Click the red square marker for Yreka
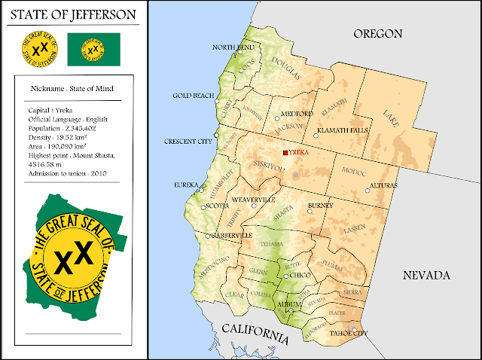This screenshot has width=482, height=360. pyautogui.click(x=285, y=153)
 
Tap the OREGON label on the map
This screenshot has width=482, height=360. pyautogui.click(x=377, y=34)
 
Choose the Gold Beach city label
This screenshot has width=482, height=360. pyautogui.click(x=192, y=96)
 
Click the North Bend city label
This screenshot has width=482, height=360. pyautogui.click(x=233, y=47)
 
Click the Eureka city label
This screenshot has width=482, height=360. pyautogui.click(x=185, y=185)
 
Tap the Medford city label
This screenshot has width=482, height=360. pyautogui.click(x=296, y=114)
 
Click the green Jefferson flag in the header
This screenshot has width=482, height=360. pyautogui.click(x=92, y=50)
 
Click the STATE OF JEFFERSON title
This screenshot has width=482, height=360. pyautogui.click(x=73, y=14)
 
